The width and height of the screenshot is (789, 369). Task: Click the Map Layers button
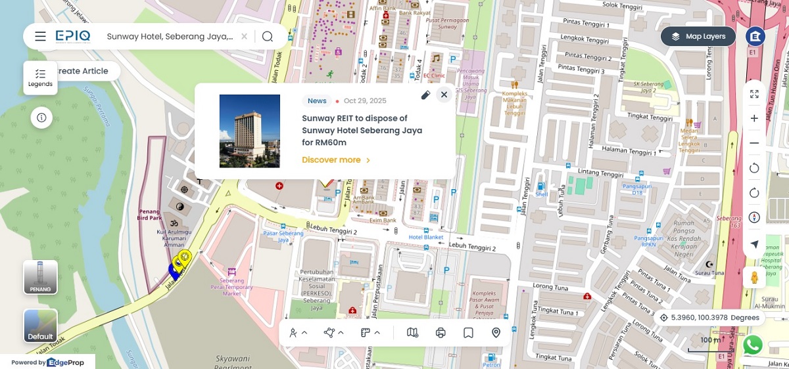tap(698, 37)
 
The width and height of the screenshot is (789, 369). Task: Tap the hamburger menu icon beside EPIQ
tap(41, 37)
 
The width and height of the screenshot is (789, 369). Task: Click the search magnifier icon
tap(267, 37)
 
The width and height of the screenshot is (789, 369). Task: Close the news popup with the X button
tap(444, 95)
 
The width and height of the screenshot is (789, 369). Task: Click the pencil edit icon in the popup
tap(425, 95)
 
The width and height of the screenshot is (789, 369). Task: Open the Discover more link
tap(336, 160)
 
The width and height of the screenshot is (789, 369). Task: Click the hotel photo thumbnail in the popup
tap(250, 131)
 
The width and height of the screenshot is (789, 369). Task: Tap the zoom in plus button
tap(754, 119)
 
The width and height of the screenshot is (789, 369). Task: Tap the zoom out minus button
tap(754, 143)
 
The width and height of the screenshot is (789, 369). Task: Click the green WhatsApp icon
tap(752, 345)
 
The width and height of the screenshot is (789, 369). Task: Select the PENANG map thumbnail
tap(40, 277)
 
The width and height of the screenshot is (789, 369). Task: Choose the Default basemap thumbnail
tap(40, 326)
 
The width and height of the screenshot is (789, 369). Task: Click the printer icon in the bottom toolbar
tap(441, 333)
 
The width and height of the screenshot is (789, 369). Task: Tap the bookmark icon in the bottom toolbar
tap(468, 333)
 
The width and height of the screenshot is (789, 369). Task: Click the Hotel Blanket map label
tap(425, 237)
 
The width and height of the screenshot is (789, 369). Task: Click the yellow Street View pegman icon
tap(754, 278)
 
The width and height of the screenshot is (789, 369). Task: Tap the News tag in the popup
tap(317, 101)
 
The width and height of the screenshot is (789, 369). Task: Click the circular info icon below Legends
tap(41, 118)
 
